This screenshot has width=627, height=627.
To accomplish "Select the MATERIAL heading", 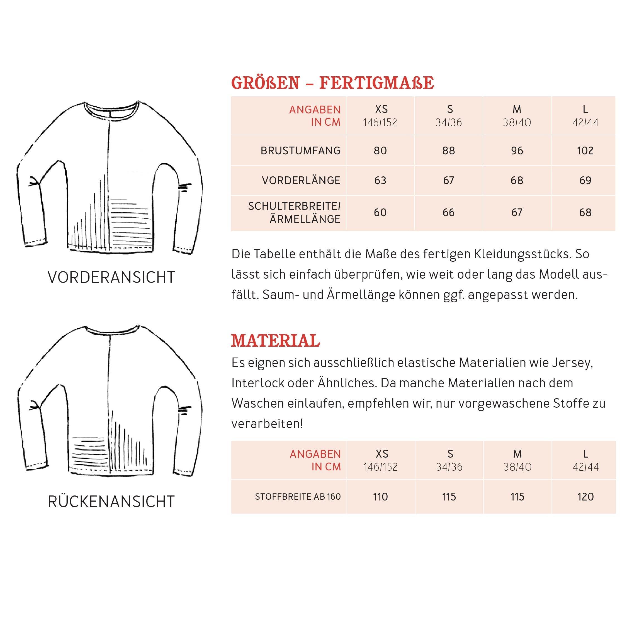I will [x=275, y=341].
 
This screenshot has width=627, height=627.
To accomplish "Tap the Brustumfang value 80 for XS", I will [x=380, y=150].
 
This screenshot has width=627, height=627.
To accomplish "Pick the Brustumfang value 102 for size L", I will [x=585, y=150].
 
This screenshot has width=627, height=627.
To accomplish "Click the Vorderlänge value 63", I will [x=380, y=181].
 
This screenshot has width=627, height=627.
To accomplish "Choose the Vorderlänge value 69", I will [x=585, y=181].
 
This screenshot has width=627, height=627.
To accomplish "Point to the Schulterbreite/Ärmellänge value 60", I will [x=380, y=213].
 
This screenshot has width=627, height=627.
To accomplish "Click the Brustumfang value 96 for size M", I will [x=517, y=150].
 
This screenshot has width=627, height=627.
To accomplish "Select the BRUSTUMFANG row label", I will [x=300, y=150].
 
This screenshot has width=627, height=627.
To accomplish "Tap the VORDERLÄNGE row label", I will [x=301, y=181].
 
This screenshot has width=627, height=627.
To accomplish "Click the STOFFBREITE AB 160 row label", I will [x=298, y=497].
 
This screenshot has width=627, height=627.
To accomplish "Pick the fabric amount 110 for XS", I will [x=380, y=497].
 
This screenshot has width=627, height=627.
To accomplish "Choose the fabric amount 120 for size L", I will [x=585, y=497].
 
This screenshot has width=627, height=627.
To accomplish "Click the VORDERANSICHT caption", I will [x=111, y=278].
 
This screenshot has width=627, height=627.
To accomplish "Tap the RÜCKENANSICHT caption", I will [x=111, y=502].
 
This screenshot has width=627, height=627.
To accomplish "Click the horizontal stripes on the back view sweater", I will [x=89, y=453].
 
